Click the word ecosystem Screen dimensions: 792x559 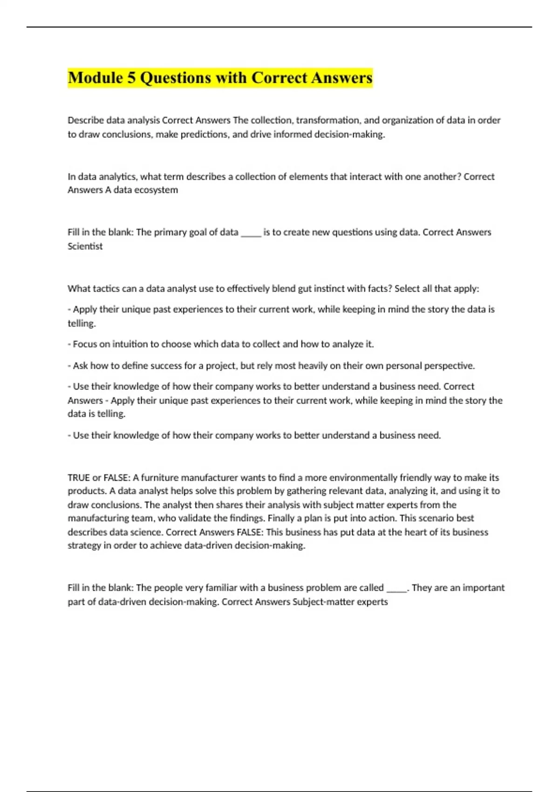(156, 190)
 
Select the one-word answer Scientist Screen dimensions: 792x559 (85, 246)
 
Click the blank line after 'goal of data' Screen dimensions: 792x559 (251, 233)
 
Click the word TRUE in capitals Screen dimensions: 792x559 (79, 478)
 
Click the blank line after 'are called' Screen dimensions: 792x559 (397, 588)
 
